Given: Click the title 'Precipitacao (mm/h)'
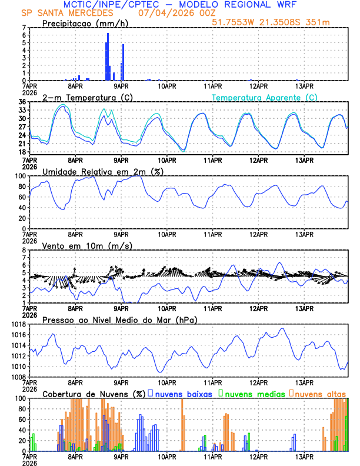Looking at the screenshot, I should tap(82, 23).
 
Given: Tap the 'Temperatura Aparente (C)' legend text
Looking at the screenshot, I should tap(265, 97).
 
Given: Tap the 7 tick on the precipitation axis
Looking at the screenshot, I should tap(25, 28).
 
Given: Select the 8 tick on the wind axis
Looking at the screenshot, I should tap(25, 250).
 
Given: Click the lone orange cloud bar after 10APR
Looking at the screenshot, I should tap(182, 424).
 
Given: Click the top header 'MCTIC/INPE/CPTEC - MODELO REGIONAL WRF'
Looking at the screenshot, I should tap(179, 4).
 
